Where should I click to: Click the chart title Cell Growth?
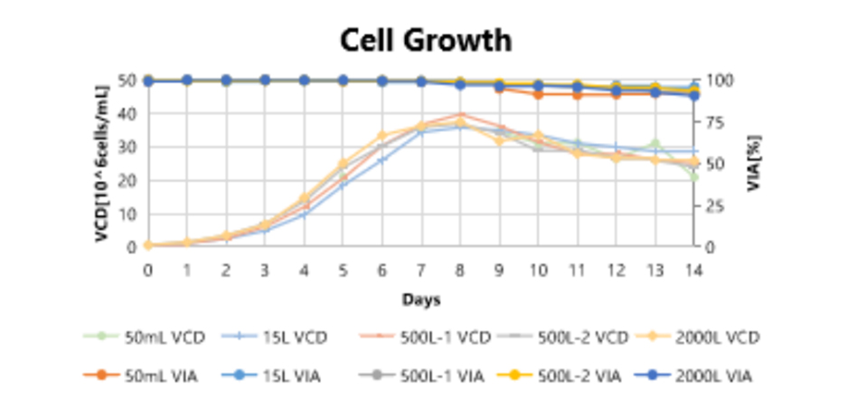click(426, 41)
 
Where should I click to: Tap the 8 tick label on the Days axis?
click(460, 269)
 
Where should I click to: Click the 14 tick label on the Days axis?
click(693, 269)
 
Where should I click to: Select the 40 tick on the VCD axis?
click(130, 113)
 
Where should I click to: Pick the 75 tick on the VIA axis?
click(714, 122)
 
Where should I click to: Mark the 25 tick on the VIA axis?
click(714, 205)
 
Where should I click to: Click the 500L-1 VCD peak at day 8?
click(460, 115)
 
